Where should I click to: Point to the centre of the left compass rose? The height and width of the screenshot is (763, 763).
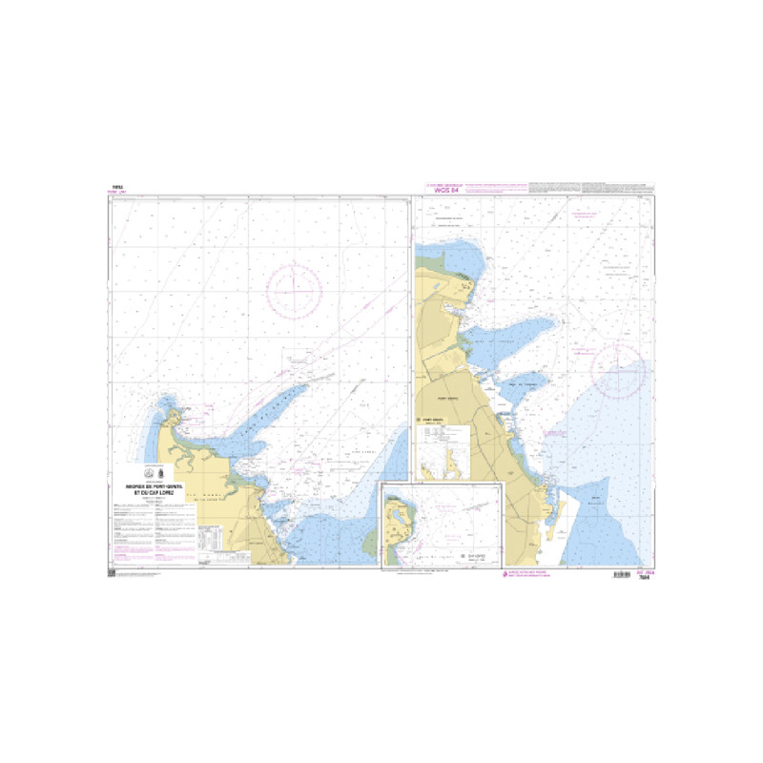(294, 291)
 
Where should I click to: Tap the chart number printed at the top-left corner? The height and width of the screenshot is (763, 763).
(117, 188)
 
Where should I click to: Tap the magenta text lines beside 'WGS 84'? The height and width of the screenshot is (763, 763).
(495, 186)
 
